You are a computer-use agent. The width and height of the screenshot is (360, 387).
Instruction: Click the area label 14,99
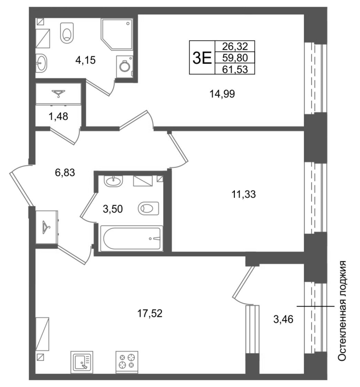coord(222,94)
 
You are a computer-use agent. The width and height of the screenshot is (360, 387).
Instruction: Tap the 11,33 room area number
coord(244,194)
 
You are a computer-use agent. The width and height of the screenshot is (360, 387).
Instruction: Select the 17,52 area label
coord(150,313)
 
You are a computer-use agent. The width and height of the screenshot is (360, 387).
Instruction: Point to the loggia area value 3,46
coord(283,319)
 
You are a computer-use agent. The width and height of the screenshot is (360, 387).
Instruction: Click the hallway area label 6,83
coord(65,173)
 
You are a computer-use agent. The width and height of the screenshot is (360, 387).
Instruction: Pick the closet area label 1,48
coord(58,116)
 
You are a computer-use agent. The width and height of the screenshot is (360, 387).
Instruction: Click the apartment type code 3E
coord(202,58)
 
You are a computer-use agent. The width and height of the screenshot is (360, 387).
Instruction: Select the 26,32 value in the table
coord(235,46)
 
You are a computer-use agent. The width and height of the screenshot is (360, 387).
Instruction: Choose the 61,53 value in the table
coord(235,69)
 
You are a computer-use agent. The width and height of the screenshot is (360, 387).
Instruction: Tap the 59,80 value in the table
coord(235,58)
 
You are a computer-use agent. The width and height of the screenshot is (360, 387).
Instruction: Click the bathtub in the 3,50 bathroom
coord(131,238)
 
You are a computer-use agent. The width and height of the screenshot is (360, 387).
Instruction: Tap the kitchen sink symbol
coord(82,362)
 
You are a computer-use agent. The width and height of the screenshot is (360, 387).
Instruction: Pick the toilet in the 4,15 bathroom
coord(67,33)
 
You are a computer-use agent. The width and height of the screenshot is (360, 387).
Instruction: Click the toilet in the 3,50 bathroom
coord(148,208)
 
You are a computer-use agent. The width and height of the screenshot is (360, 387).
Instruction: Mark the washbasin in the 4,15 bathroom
coord(41,63)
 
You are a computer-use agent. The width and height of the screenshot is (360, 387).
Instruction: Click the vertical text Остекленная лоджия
coord(342,311)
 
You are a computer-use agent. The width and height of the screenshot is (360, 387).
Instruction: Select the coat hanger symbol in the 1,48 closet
coord(58,93)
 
